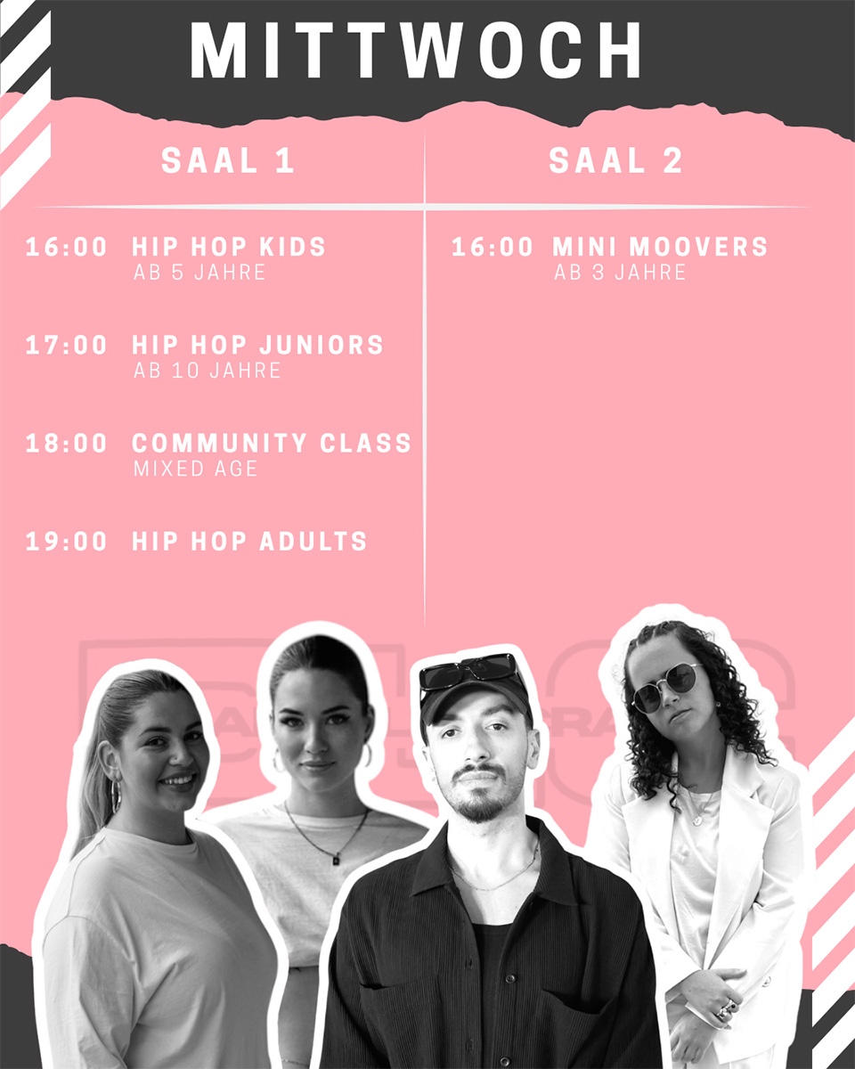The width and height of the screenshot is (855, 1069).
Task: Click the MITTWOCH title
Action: click(x=415, y=50)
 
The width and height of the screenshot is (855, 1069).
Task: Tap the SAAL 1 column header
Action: click(x=227, y=160)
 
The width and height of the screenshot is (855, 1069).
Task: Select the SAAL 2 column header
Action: click(x=615, y=160)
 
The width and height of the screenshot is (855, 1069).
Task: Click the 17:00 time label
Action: click(x=66, y=346)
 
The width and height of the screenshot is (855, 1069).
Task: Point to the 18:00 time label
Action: click(x=66, y=443)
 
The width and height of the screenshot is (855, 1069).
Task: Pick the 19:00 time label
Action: click(x=66, y=541)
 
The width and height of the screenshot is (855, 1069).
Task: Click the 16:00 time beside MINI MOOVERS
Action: click(x=492, y=247)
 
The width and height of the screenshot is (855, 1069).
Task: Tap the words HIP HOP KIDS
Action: click(x=229, y=247)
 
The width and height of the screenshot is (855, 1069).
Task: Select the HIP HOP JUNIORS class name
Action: click(x=257, y=346)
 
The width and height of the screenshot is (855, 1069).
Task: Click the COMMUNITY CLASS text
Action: click(x=272, y=443)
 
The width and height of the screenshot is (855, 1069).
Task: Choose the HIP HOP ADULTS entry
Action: click(x=248, y=541)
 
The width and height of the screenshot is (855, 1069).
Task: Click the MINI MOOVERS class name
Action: click(x=660, y=247)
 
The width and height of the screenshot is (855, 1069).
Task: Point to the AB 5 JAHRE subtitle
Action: click(x=199, y=273)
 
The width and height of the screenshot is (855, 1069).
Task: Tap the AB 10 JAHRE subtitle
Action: click(x=207, y=371)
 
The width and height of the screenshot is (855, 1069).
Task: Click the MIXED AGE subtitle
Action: click(x=195, y=469)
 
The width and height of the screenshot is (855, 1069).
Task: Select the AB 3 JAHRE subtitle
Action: click(x=620, y=273)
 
